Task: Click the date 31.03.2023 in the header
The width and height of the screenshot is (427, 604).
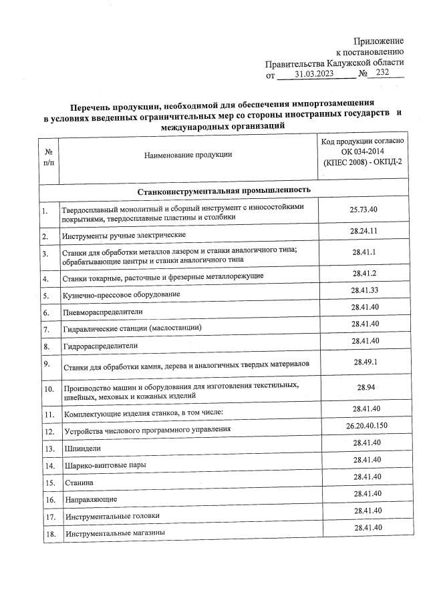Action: pos(315,75)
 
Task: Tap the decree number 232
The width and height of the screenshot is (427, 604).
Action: pos(382,74)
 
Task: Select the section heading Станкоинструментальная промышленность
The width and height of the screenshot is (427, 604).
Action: pos(224,191)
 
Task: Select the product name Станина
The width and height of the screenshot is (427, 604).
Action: pos(79,482)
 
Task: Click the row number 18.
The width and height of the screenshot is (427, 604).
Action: pos(48,534)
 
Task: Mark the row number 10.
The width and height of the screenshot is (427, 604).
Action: pos(48,390)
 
